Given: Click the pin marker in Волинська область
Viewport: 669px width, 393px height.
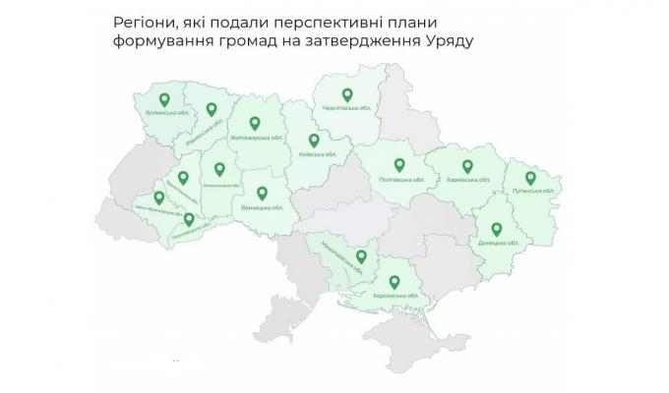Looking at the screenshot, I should [x=164, y=99].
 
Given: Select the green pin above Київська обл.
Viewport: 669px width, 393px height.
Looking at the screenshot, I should [x=314, y=140].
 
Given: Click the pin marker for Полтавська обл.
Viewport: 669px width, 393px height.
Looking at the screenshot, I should [x=399, y=166].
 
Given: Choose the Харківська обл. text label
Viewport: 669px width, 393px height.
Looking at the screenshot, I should [x=467, y=181].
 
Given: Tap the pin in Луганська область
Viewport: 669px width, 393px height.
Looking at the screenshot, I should [x=530, y=178].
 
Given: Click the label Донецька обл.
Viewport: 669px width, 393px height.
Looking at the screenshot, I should [x=498, y=244].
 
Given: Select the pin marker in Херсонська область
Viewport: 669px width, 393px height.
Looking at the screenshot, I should [x=392, y=280].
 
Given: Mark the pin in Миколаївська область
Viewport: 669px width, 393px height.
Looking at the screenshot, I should [x=361, y=257].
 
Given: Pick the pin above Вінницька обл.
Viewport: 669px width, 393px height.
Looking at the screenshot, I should [x=262, y=194].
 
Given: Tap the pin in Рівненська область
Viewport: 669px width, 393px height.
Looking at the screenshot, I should [x=210, y=110].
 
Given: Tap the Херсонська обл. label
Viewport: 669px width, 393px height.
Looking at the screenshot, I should [x=392, y=295].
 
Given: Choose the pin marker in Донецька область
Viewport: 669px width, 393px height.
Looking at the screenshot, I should [x=498, y=230].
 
